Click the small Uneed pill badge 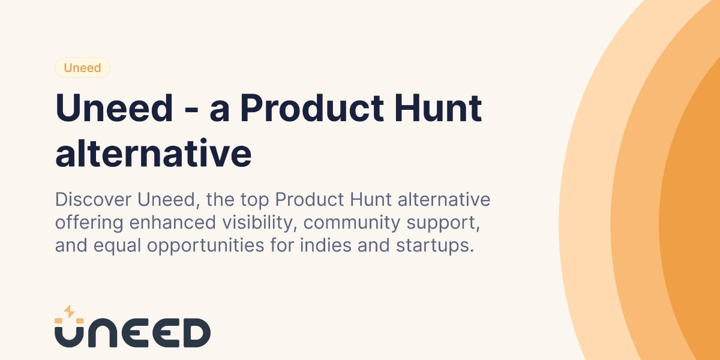click(82, 68)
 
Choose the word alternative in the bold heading click(153, 154)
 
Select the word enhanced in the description click(169, 222)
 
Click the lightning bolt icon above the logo click(69, 311)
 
